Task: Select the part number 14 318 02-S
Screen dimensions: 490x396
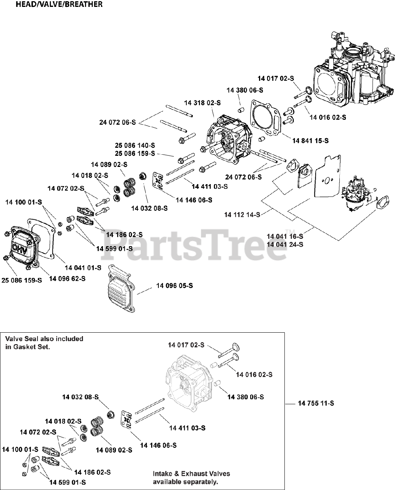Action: [202, 103]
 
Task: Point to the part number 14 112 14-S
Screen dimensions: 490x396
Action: [242, 215]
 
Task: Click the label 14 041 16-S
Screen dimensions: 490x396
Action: [285, 237]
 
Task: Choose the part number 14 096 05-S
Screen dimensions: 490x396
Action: [174, 286]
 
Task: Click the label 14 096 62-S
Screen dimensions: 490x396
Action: [67, 279]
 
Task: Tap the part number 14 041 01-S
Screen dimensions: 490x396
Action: [83, 268]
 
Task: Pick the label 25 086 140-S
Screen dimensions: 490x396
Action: [135, 145]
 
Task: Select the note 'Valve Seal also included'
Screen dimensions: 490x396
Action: [44, 339]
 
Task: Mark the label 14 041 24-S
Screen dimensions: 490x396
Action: [285, 244]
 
